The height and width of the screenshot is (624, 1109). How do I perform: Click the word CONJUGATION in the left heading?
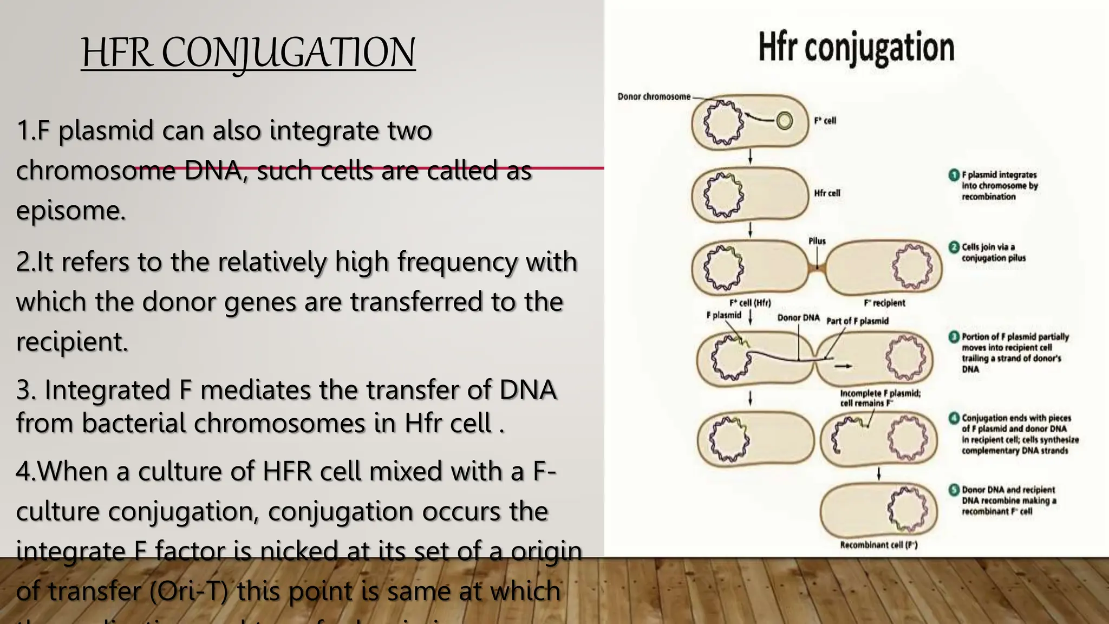tap(289, 53)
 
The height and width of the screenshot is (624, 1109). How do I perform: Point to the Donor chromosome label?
tap(654, 96)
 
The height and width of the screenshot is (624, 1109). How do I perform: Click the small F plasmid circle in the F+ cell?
tap(784, 121)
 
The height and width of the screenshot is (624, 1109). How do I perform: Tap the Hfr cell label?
tap(827, 193)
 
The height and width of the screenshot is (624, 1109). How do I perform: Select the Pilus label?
tap(817, 241)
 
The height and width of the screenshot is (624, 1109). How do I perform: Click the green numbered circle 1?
tap(954, 175)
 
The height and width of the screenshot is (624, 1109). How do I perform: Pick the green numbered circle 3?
tap(954, 337)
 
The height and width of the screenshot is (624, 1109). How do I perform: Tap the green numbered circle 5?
tap(954, 490)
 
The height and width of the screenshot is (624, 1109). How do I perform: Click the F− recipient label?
tap(884, 303)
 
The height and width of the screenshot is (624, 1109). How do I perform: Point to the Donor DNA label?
tap(798, 317)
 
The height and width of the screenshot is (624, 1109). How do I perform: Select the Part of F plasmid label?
tap(857, 321)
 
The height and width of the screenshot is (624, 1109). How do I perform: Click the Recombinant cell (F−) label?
tap(878, 545)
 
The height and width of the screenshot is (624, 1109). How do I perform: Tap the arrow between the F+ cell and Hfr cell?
tap(750, 157)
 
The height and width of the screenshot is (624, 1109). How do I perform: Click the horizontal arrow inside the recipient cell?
tap(843, 367)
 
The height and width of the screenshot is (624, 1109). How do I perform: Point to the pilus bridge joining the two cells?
tap(817, 267)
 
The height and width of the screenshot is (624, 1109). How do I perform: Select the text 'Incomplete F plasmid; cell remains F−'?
tap(879, 398)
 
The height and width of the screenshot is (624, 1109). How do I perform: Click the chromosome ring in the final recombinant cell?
tap(906, 509)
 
